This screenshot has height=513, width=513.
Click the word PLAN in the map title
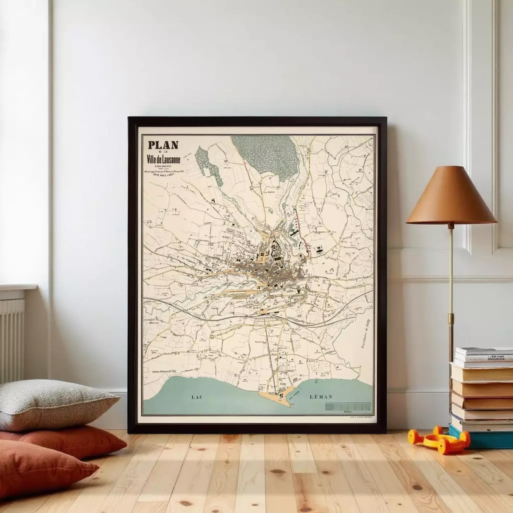click(x=163, y=145)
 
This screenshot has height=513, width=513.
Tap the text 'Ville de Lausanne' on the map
click(x=164, y=160)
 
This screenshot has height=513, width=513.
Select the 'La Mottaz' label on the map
click(x=269, y=191)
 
